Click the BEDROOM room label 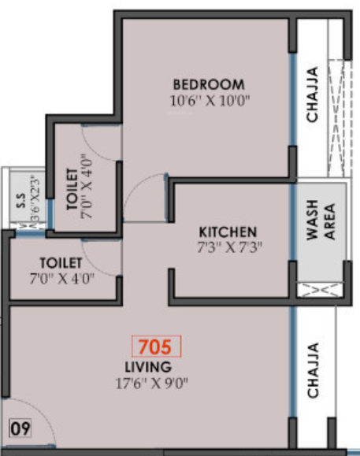[x=209, y=84]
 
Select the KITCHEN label [x=228, y=232]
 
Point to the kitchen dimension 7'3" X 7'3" [x=228, y=247]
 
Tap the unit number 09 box [x=20, y=429]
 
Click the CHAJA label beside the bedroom [x=313, y=95]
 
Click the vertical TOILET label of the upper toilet [x=72, y=186]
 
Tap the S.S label [x=20, y=202]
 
